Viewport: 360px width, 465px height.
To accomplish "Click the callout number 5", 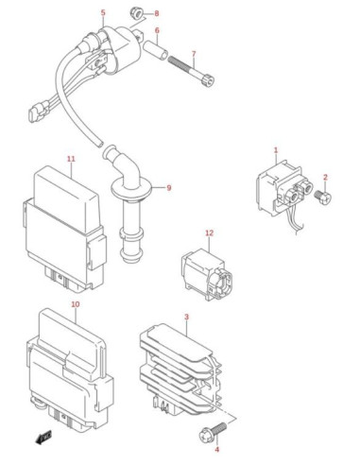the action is [x=103, y=13].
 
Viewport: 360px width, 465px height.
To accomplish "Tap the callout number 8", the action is [x=157, y=13].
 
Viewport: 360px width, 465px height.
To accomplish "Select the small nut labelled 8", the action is [x=136, y=13].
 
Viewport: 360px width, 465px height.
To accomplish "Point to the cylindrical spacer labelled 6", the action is [x=155, y=49].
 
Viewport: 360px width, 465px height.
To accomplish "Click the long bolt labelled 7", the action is [x=192, y=71].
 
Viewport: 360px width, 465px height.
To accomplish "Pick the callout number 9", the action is [x=169, y=188].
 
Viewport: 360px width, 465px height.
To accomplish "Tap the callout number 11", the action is [x=72, y=159].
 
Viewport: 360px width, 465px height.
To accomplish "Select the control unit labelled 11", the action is [x=64, y=228].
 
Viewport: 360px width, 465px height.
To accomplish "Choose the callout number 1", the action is [x=276, y=150].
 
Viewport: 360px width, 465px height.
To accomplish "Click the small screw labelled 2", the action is [x=323, y=198].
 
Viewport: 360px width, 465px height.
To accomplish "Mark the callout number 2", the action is [x=325, y=177].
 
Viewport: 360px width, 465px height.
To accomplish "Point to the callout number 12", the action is [x=209, y=232].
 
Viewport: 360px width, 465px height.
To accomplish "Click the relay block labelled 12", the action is [x=207, y=273].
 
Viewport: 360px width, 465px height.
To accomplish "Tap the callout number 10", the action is [x=76, y=304].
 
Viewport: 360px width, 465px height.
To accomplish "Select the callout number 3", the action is [x=186, y=317].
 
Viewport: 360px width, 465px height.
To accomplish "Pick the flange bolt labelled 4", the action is [x=213, y=431].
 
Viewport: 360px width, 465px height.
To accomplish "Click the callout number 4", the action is [x=216, y=449].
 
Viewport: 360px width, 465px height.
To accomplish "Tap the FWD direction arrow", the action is [x=43, y=438].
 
